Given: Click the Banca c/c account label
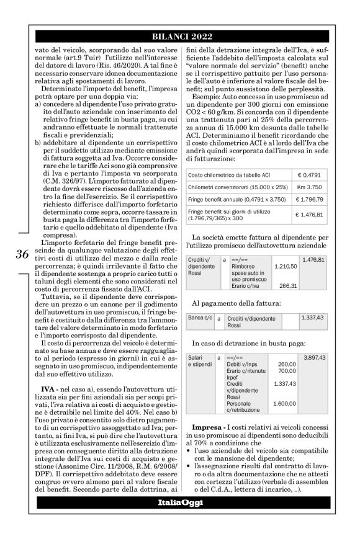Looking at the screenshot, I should click(x=200, y=318).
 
